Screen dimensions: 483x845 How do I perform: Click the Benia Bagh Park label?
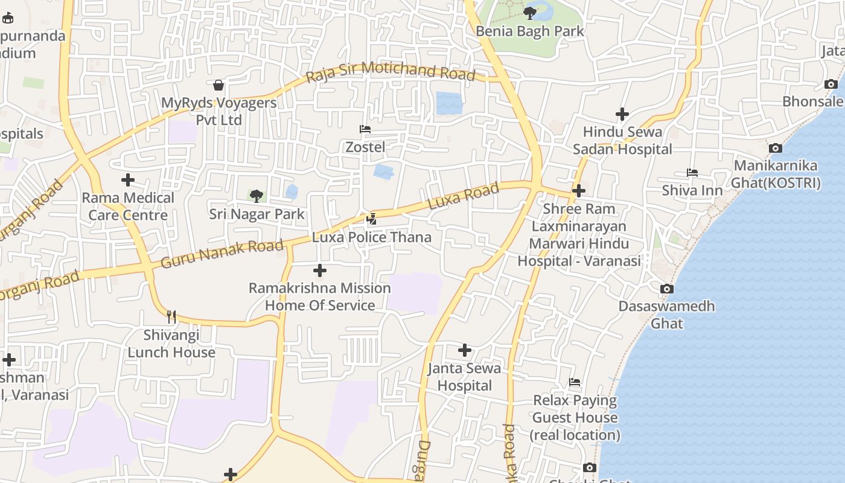[x=530, y=31]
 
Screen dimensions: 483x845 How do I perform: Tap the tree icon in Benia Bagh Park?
[x=530, y=13]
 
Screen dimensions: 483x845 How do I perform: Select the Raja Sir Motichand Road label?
[x=391, y=72]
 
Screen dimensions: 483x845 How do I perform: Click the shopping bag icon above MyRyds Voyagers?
[x=218, y=85]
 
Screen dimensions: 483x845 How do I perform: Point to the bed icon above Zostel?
[x=365, y=129]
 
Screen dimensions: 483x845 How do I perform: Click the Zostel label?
[x=365, y=147]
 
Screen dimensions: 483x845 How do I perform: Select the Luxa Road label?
[x=464, y=196]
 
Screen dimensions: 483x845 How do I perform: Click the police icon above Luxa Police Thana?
[x=372, y=219]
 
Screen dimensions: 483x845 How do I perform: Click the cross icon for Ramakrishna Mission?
[x=320, y=270]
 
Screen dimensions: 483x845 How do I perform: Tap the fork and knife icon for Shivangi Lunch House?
[x=171, y=316]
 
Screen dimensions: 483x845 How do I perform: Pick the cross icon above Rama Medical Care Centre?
[x=128, y=180]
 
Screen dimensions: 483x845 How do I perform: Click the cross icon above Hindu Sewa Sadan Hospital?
[x=622, y=114]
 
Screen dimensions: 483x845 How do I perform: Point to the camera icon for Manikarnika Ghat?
[x=776, y=148]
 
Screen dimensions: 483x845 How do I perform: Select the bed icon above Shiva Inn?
[x=692, y=173]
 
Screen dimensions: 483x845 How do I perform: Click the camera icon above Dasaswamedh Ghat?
[x=666, y=289]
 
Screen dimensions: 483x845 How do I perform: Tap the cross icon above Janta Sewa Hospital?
[x=465, y=350]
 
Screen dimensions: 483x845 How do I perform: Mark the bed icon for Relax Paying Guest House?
[x=575, y=382]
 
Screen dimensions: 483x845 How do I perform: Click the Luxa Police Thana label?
[x=372, y=237]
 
